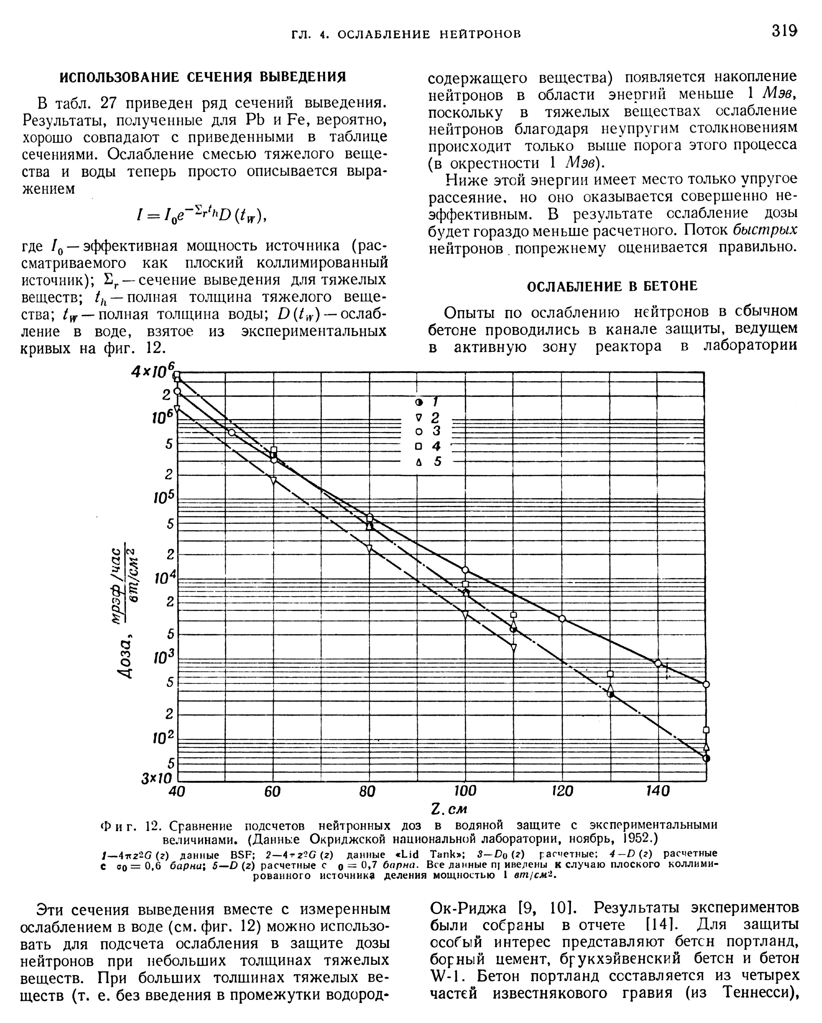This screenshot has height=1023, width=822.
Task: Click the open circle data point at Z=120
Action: (x=562, y=619)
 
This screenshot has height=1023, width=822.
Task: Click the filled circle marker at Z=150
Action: (x=707, y=759)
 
